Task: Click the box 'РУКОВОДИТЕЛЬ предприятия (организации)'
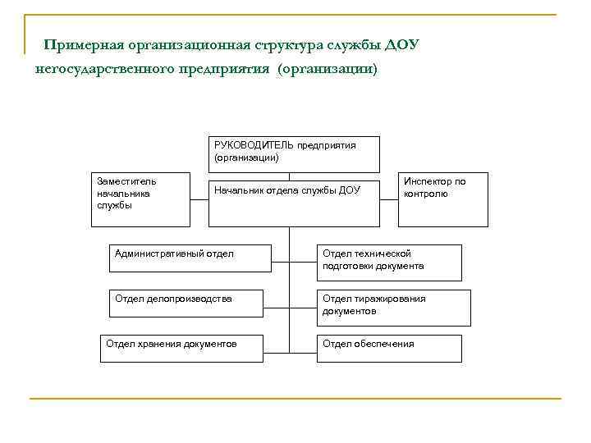pyautogui.click(x=294, y=154)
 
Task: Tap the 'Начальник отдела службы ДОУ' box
pyautogui.click(x=294, y=203)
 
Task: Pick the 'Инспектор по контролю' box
pyautogui.click(x=443, y=199)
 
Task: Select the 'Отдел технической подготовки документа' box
pyautogui.click(x=389, y=263)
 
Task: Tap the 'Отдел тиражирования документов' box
pyautogui.click(x=393, y=308)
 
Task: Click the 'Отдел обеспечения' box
pyautogui.click(x=389, y=348)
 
